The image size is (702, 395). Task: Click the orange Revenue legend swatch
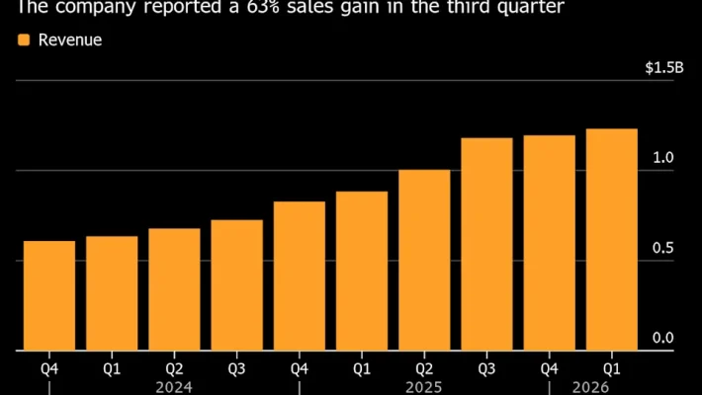pyautogui.click(x=24, y=40)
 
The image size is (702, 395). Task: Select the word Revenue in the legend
pyautogui.click(x=70, y=40)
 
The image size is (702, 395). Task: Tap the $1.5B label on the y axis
pyautogui.click(x=663, y=68)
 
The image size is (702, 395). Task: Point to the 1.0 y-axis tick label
pyautogui.click(x=663, y=158)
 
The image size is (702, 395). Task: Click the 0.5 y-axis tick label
pyautogui.click(x=663, y=248)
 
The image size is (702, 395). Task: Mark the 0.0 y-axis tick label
pyautogui.click(x=663, y=338)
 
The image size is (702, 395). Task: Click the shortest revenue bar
pyautogui.click(x=49, y=295)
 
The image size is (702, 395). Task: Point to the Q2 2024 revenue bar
pyautogui.click(x=174, y=289)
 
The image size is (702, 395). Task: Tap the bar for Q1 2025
pyautogui.click(x=362, y=271)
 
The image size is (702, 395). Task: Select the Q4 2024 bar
pyautogui.click(x=300, y=276)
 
